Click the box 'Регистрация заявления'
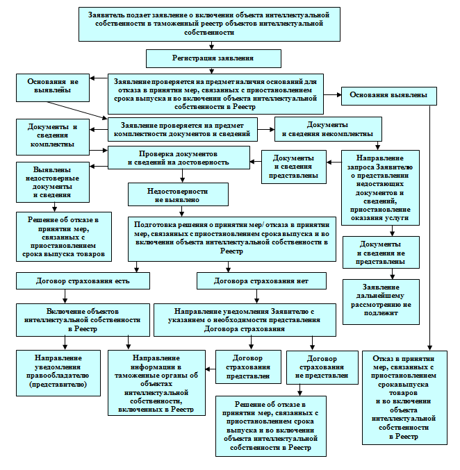click(x=213, y=58)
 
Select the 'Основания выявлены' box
click(x=389, y=96)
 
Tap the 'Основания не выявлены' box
click(x=53, y=87)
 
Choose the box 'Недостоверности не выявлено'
click(x=178, y=194)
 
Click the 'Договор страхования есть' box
click(x=83, y=280)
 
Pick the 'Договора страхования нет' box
click(x=261, y=280)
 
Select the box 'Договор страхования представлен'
click(x=248, y=367)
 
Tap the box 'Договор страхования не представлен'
click(x=322, y=367)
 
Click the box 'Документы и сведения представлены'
click(x=294, y=167)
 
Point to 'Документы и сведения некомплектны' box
click(x=328, y=129)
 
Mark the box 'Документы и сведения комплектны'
click(x=53, y=137)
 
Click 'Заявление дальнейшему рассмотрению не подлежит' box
click(x=381, y=302)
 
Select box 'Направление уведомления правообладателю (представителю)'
click(x=58, y=373)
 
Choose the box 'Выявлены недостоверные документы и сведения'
click(x=53, y=183)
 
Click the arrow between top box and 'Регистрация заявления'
click(x=212, y=45)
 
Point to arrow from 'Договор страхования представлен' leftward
click(x=211, y=369)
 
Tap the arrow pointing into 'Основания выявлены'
click(x=332, y=94)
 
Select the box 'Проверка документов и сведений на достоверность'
click(x=179, y=158)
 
